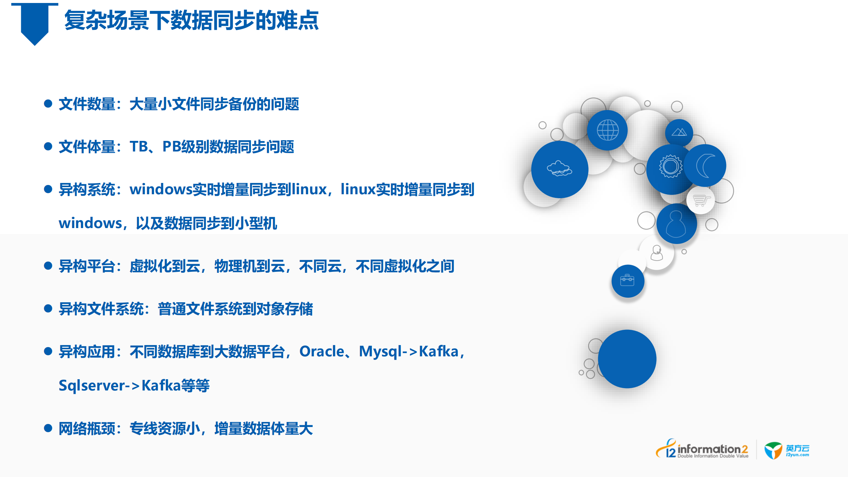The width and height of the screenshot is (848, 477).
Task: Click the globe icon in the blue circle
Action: pyautogui.click(x=607, y=130)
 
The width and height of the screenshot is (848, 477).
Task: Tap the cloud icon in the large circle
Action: pyautogui.click(x=559, y=169)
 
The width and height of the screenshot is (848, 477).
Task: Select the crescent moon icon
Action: pyautogui.click(x=705, y=165)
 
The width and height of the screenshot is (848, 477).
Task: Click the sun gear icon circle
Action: pyautogui.click(x=670, y=166)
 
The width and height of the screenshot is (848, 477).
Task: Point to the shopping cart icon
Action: pyautogui.click(x=701, y=200)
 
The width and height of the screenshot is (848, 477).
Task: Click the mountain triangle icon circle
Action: pyautogui.click(x=679, y=132)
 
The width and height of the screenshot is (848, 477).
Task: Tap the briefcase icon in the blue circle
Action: pyautogui.click(x=627, y=280)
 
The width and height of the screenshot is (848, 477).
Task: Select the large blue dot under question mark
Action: pyautogui.click(x=627, y=359)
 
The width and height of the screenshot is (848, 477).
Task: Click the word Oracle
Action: pyautogui.click(x=321, y=351)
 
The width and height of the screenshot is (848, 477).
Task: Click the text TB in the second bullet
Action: pyautogui.click(x=139, y=147)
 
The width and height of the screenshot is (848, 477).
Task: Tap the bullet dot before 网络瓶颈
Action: pyautogui.click(x=48, y=428)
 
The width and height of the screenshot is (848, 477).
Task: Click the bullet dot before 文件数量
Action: pyautogui.click(x=48, y=103)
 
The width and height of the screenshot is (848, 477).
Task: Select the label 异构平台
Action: pyautogui.click(x=87, y=266)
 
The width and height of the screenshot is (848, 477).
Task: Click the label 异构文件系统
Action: pyautogui.click(x=101, y=309)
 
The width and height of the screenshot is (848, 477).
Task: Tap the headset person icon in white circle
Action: pyautogui.click(x=656, y=253)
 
